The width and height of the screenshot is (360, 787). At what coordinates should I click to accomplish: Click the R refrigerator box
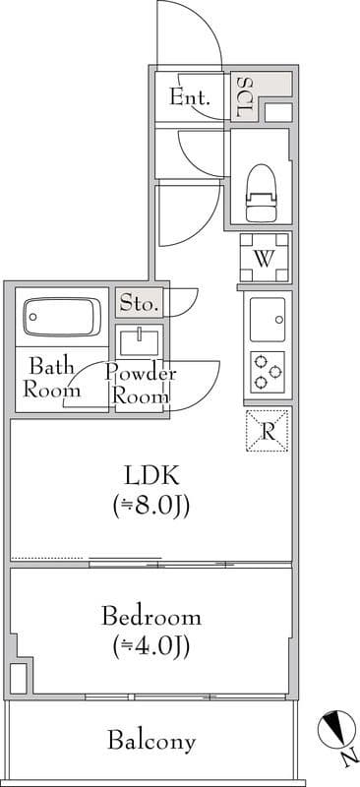click(267, 430)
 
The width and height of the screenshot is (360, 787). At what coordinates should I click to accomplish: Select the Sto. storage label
click(140, 304)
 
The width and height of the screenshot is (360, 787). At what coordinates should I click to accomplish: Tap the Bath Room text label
click(50, 378)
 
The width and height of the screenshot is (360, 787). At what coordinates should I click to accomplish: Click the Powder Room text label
click(141, 385)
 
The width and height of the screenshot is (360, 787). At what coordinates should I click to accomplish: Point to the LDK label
click(150, 477)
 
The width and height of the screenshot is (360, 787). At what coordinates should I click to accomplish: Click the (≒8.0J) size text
click(150, 507)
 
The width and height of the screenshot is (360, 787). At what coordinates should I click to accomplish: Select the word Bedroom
click(151, 618)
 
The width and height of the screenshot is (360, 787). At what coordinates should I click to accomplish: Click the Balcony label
click(151, 742)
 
